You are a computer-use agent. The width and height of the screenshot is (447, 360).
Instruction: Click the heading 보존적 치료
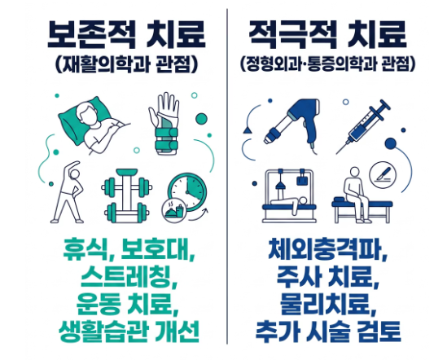tap(126, 34)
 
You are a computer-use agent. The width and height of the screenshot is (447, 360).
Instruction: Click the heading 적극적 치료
tap(327, 34)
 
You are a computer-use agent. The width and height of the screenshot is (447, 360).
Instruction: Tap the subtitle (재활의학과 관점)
tap(126, 65)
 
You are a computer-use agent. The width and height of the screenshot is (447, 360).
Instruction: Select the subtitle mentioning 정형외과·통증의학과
tap(327, 65)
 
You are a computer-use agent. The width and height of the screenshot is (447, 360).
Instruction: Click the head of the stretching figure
tap(75, 174)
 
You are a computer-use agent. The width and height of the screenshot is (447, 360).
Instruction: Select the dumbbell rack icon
tap(126, 195)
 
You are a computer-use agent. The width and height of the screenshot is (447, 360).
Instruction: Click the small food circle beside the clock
tap(174, 210)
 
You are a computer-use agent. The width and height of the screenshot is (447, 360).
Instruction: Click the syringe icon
tap(363, 126)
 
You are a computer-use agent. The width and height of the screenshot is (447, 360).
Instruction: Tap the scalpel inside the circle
tap(383, 173)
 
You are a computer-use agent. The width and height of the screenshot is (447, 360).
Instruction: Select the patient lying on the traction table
tap(289, 203)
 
